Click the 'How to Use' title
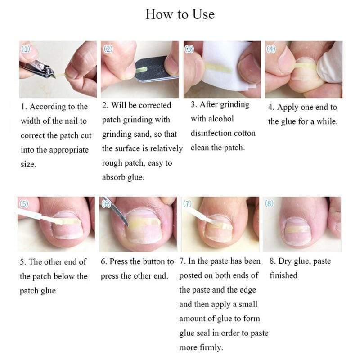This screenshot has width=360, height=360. click(x=180, y=14)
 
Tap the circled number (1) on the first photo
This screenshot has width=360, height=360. click(x=26, y=49)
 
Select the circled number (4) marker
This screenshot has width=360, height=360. click(x=271, y=49)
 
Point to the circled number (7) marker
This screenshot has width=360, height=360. click(x=187, y=204)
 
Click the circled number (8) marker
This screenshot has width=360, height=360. click(x=269, y=203)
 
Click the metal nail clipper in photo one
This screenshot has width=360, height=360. click(x=38, y=68)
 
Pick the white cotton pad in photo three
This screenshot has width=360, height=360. click(x=226, y=67)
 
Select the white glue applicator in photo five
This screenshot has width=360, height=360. click(x=39, y=218)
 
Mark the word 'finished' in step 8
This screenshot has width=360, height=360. click(x=283, y=275)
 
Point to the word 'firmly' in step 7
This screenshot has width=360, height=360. click(x=211, y=347)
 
